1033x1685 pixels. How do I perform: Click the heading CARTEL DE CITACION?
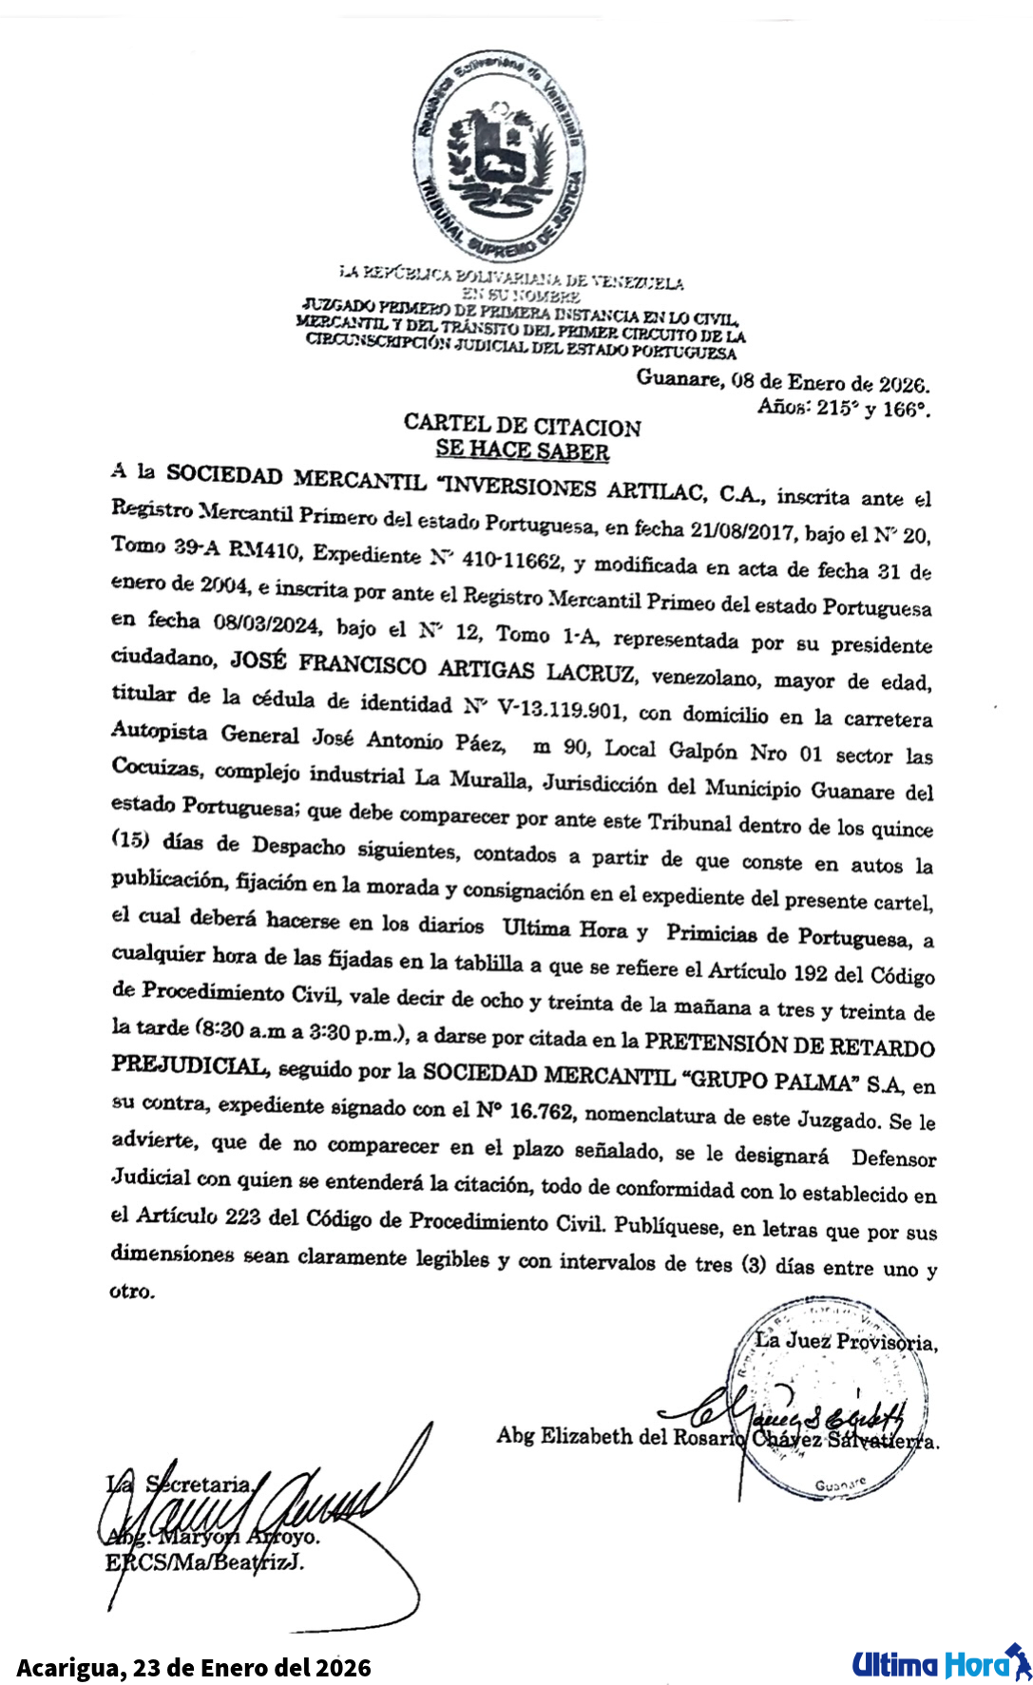pyautogui.click(x=522, y=426)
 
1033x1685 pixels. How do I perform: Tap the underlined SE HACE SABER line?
pyautogui.click(x=522, y=450)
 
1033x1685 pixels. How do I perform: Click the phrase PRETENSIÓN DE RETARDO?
pyautogui.click(x=789, y=1045)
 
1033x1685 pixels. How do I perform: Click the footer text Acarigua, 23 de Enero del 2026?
pyautogui.click(x=194, y=1667)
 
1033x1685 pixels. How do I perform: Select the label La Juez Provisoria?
pyautogui.click(x=846, y=1342)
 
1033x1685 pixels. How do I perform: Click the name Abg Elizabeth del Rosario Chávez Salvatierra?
pyautogui.click(x=717, y=1437)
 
